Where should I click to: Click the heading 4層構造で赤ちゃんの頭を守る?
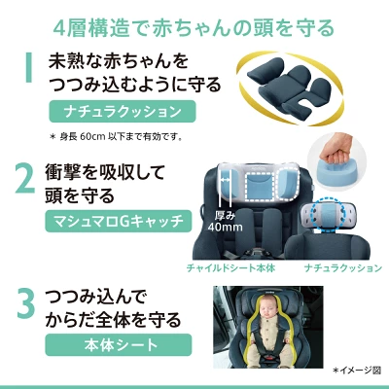[x=194, y=23]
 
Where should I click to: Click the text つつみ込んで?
[x=97, y=296]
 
